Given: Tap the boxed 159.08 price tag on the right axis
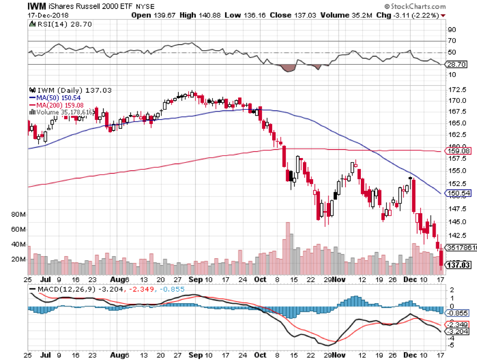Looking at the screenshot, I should (x=459, y=151).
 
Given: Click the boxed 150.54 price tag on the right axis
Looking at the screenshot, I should (x=459, y=193).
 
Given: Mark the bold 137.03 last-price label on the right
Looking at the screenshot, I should (x=458, y=264).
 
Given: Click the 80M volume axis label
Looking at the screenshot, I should (x=19, y=215).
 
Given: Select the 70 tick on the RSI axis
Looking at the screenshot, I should (x=452, y=41).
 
